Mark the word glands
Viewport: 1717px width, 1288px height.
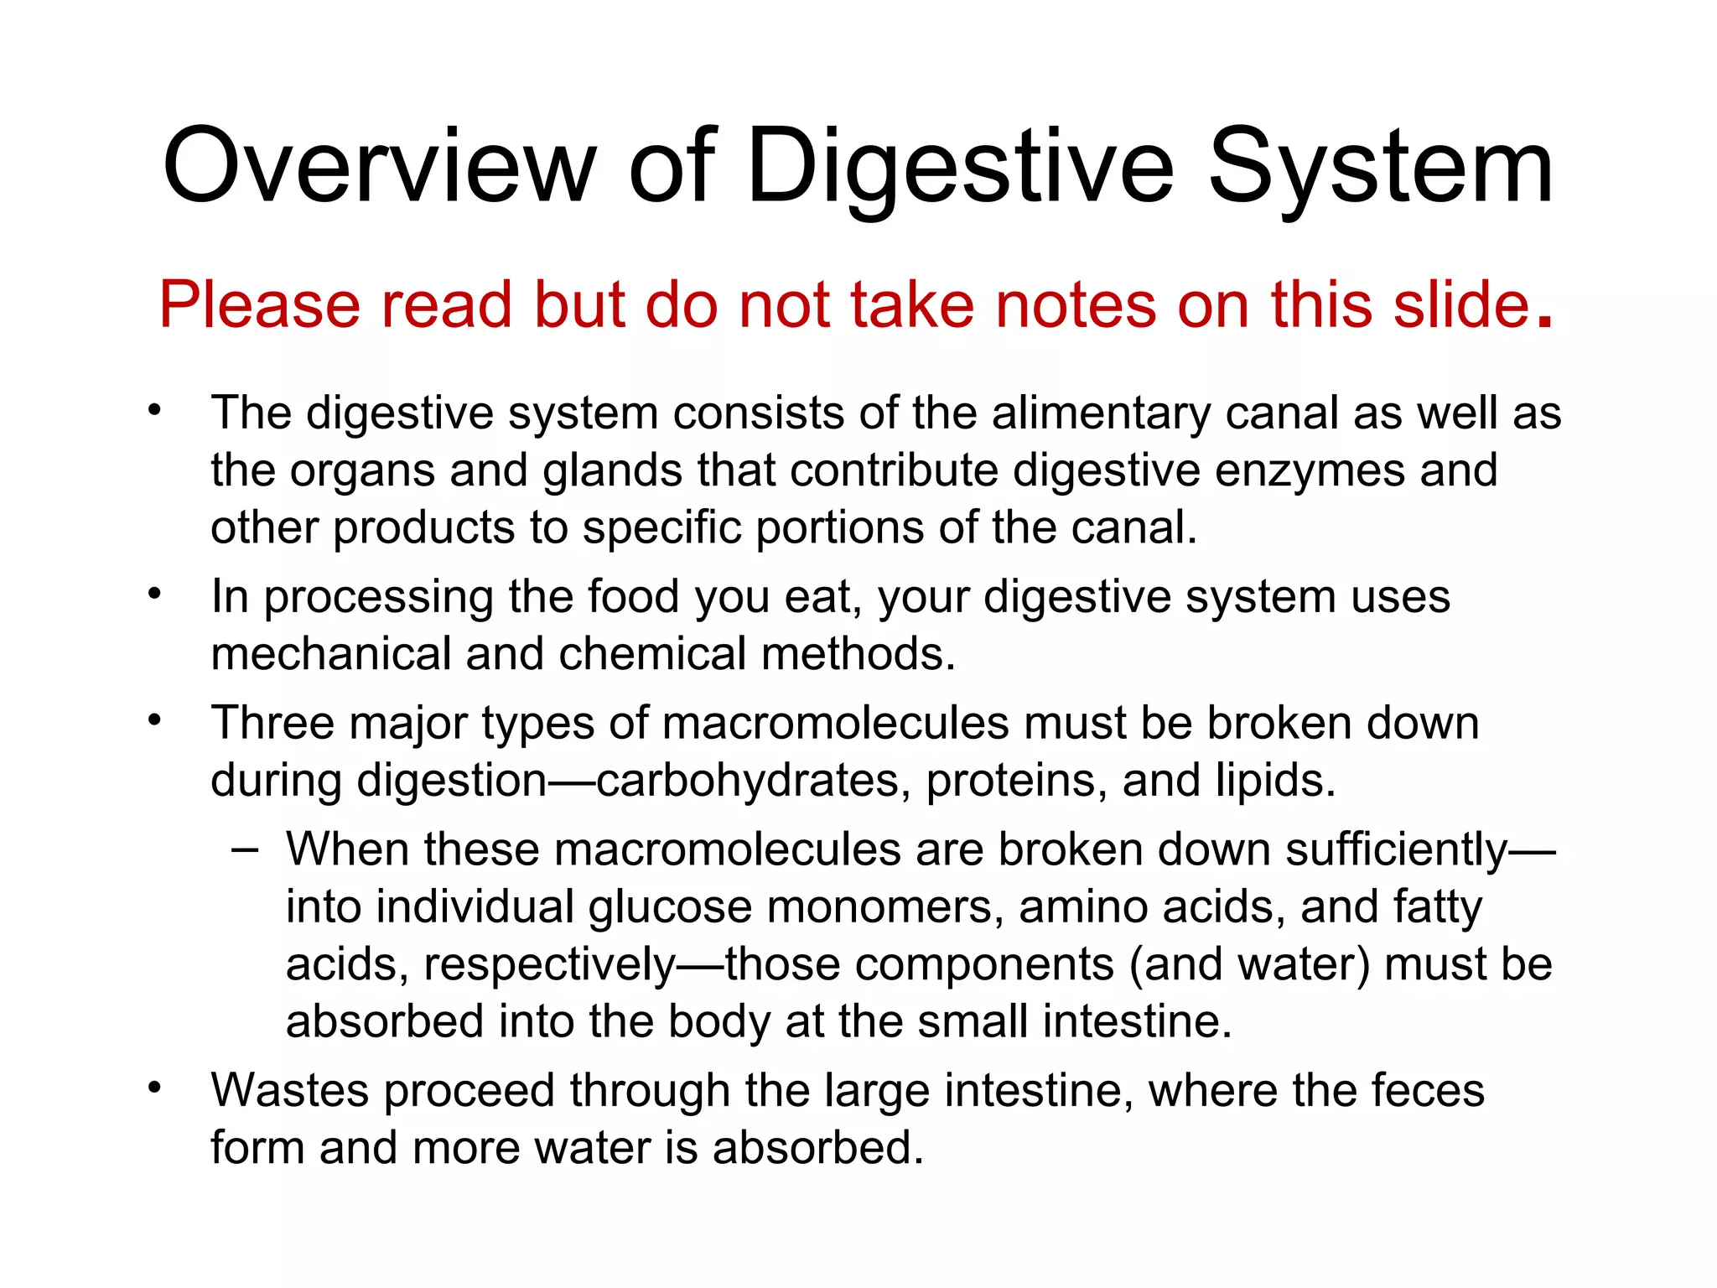pyautogui.click(x=612, y=470)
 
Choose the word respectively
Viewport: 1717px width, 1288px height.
pyautogui.click(x=549, y=964)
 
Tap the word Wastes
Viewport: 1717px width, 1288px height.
pyautogui.click(x=290, y=1090)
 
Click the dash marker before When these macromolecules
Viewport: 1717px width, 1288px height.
pyautogui.click(x=245, y=850)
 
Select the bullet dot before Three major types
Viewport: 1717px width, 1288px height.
pyautogui.click(x=153, y=721)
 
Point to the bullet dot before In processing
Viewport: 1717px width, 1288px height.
pyautogui.click(x=153, y=595)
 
